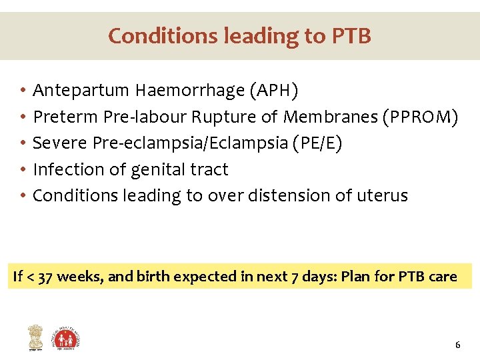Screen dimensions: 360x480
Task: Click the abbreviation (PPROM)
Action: click(x=419, y=117)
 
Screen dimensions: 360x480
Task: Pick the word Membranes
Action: click(x=329, y=117)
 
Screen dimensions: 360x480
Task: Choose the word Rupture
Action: click(x=224, y=117)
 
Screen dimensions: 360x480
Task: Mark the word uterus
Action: click(x=384, y=196)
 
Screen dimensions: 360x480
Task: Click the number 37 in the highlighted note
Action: click(x=45, y=277)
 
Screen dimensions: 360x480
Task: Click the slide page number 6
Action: click(x=457, y=345)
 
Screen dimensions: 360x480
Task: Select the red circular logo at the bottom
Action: click(x=67, y=338)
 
